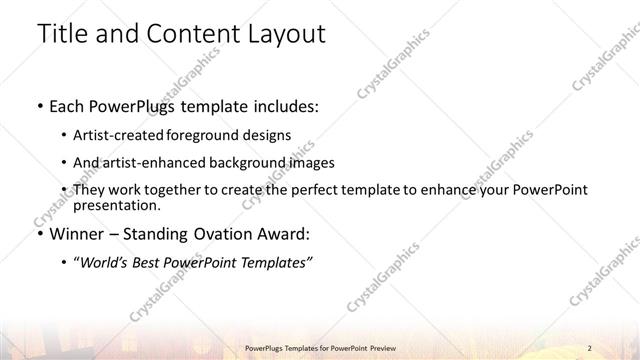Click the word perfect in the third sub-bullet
pyautogui.click(x=364, y=190)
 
